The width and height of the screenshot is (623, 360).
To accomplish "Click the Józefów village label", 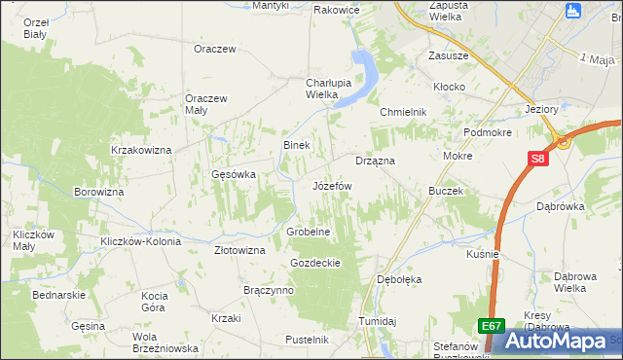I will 332,185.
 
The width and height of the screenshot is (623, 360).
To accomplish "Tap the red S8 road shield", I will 538,159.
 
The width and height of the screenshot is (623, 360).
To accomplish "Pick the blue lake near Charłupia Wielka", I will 367,72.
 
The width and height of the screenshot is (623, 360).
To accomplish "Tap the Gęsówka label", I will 233,175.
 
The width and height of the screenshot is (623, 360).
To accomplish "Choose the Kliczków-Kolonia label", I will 136,240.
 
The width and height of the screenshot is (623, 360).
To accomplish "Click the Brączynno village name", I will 269,290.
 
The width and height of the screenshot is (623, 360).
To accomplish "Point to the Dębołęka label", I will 399,279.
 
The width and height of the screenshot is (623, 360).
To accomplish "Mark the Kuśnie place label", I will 483,254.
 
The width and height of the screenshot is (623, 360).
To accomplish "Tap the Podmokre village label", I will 488,132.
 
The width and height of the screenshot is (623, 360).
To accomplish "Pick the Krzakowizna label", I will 141,150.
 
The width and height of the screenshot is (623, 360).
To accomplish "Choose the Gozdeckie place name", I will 314,263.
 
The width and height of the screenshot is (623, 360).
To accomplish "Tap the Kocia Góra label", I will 156,301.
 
